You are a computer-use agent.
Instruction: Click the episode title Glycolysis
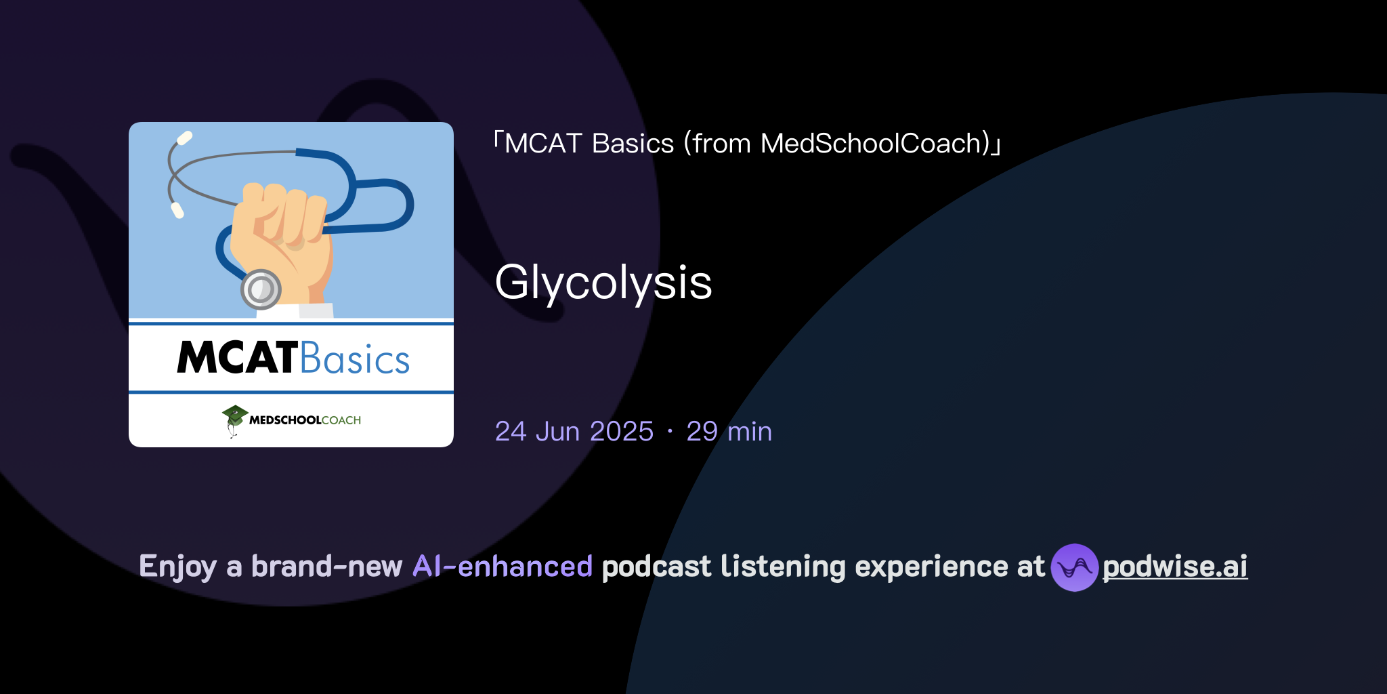[603, 283]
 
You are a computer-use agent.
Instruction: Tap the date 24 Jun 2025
[574, 432]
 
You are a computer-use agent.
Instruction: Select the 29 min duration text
[729, 432]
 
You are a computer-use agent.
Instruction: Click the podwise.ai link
[1174, 567]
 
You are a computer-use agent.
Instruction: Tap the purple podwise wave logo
[1074, 567]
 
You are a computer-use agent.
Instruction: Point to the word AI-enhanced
[503, 567]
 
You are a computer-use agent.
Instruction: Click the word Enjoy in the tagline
[177, 567]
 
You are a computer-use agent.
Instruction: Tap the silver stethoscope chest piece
[261, 289]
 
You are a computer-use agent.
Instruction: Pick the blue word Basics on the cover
[355, 359]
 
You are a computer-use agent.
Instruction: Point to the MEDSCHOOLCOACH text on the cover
[305, 420]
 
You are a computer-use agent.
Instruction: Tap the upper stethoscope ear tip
[184, 138]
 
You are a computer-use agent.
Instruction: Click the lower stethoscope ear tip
[177, 210]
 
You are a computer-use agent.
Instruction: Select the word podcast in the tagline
[656, 567]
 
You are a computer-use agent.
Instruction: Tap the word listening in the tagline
[782, 567]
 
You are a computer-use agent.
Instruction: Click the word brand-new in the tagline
[326, 567]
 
